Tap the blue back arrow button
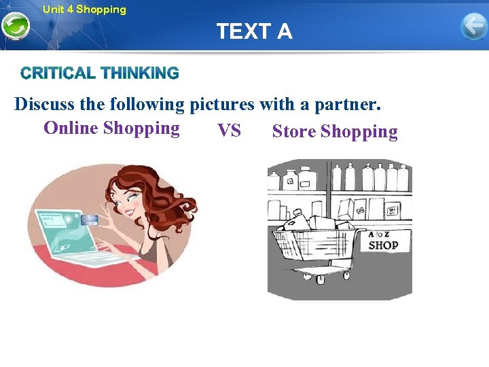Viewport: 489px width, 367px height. pyautogui.click(x=473, y=27)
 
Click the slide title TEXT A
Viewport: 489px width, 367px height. pyautogui.click(x=254, y=31)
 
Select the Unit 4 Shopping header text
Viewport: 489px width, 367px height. pyautogui.click(x=84, y=10)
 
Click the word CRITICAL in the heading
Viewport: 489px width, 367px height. pyautogui.click(x=58, y=73)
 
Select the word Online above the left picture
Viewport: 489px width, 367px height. pyautogui.click(x=71, y=128)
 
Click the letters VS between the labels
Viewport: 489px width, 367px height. pyautogui.click(x=229, y=130)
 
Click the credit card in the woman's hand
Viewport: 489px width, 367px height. pyautogui.click(x=91, y=220)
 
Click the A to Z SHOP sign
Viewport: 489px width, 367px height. pyautogui.click(x=383, y=242)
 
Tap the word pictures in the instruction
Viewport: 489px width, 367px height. pyautogui.click(x=220, y=105)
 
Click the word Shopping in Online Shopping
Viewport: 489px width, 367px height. pyautogui.click(x=141, y=128)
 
